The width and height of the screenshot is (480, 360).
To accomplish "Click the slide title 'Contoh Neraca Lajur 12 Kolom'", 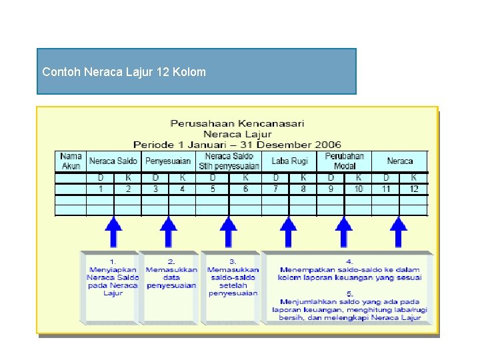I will click(x=124, y=71).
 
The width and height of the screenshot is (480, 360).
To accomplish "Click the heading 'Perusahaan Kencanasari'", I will click(x=237, y=123).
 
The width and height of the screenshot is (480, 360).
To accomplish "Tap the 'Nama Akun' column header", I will click(x=71, y=161).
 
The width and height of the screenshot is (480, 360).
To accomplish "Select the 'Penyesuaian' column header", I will click(x=168, y=161).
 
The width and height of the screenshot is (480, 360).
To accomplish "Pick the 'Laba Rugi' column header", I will click(x=289, y=161).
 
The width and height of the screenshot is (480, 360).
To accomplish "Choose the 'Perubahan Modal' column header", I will click(x=345, y=161).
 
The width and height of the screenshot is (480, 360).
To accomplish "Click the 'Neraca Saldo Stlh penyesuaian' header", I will click(x=229, y=161).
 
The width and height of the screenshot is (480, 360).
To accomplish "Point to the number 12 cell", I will click(x=414, y=189).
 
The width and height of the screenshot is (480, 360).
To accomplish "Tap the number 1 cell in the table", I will click(x=101, y=189).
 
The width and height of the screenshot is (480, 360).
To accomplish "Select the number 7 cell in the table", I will click(x=275, y=189).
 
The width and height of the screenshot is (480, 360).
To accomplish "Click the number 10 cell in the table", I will click(x=359, y=189).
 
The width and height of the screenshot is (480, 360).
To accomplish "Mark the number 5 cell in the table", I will click(x=213, y=189).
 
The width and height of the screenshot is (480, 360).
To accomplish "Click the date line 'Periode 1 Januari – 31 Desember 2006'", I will click(x=237, y=145).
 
